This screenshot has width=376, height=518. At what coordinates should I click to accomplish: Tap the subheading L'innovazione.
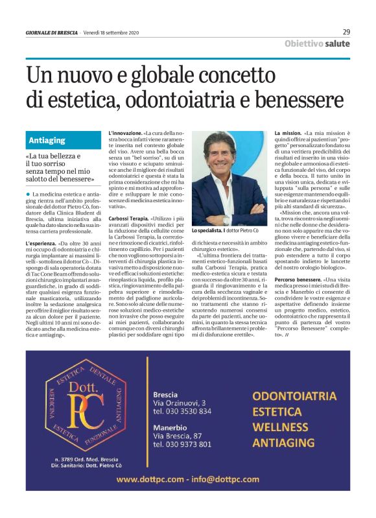tap(125, 133)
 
